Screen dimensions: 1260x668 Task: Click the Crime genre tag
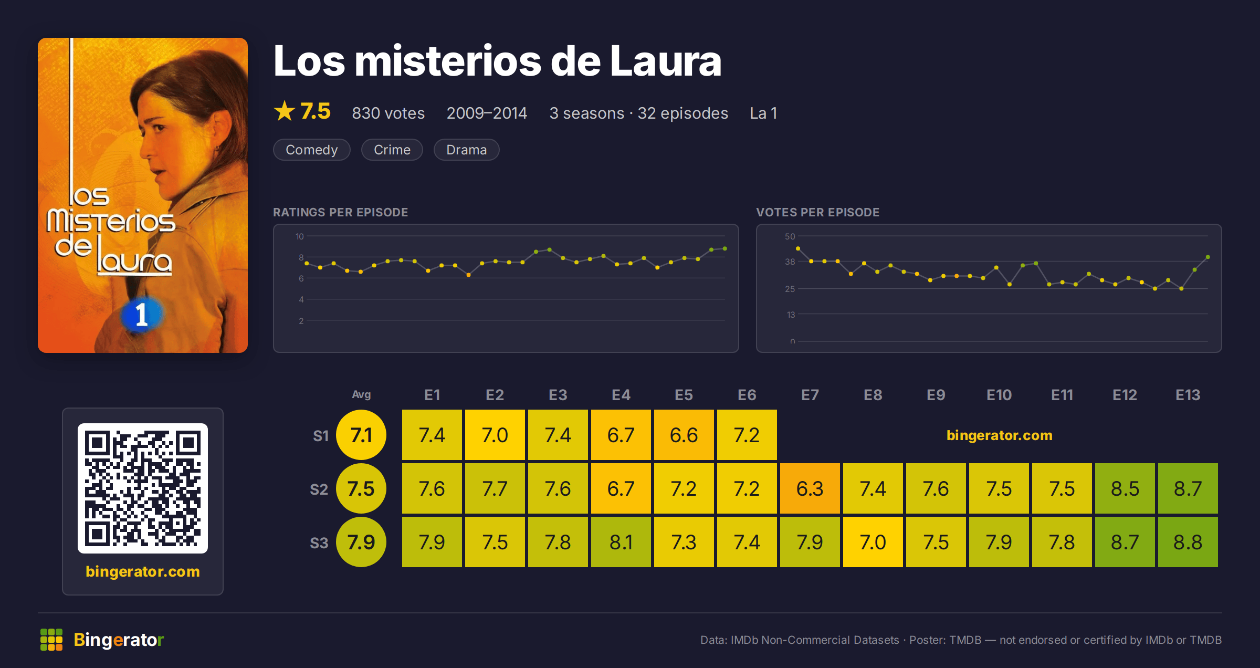tap(392, 150)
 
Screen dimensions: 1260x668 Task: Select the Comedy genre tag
tap(311, 150)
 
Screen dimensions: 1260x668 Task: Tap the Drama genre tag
tap(466, 150)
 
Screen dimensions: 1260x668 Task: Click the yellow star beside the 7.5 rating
tap(285, 111)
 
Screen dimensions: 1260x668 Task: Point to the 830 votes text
tap(388, 113)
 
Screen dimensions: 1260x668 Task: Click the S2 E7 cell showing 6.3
tap(810, 488)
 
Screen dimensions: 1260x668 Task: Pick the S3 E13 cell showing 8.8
tap(1188, 542)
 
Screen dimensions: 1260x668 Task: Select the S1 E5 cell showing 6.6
tap(684, 435)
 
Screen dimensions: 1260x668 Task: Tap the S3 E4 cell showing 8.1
tap(621, 542)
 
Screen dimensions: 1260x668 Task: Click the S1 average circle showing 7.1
tap(361, 435)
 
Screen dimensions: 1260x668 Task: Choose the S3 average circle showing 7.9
tap(361, 542)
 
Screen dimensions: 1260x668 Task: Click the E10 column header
tap(999, 395)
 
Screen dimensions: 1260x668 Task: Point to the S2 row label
tap(319, 489)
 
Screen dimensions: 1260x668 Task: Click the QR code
tap(143, 488)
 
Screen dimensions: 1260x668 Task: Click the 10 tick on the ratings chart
tap(299, 236)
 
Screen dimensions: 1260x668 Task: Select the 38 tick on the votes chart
tap(790, 262)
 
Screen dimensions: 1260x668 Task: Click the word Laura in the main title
tap(666, 61)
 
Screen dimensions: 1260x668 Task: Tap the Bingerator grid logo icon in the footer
tap(51, 640)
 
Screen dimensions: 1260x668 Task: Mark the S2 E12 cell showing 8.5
tap(1125, 488)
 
